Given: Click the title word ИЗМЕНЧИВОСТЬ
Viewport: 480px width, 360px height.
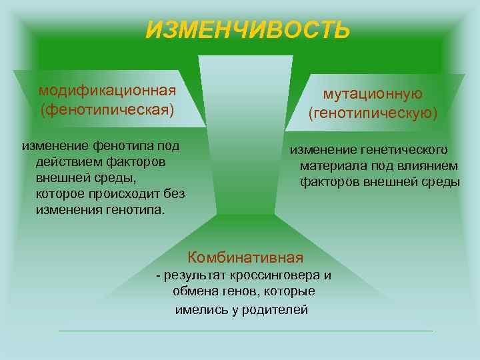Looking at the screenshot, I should point(247,30).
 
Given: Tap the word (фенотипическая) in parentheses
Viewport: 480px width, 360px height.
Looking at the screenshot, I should point(107,108).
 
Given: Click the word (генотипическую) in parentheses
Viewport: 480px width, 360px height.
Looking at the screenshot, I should point(373,114).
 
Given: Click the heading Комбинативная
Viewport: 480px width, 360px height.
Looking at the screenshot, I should point(245,257).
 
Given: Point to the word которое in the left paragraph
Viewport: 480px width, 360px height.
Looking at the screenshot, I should point(61,194).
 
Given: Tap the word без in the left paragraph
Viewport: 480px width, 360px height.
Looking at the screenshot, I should point(174,194).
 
